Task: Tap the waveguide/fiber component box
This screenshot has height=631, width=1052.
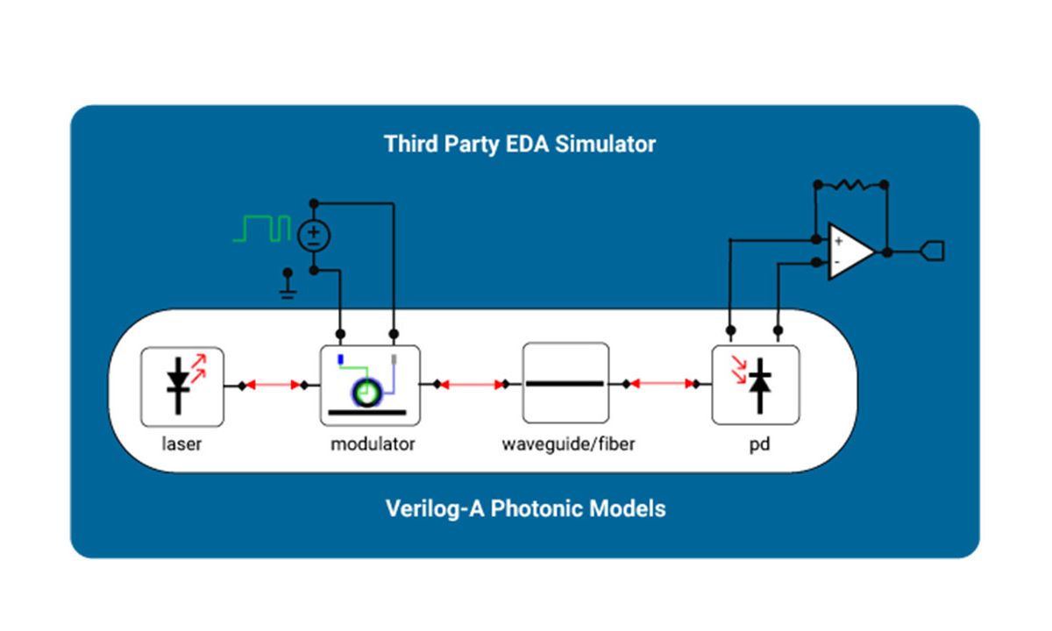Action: coord(565,383)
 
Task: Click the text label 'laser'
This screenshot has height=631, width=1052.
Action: coord(181,443)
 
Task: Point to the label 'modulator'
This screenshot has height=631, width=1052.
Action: coord(373,443)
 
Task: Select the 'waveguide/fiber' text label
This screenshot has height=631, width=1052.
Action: coord(568,443)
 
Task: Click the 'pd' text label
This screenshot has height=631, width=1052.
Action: coord(759,443)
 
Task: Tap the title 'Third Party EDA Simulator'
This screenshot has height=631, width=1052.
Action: coord(520,144)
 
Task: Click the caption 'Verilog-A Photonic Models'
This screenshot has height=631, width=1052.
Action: coord(525,508)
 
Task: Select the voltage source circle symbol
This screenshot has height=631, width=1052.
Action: coord(314,235)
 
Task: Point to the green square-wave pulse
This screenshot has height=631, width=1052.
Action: coord(262,229)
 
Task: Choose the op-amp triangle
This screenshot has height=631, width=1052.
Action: coord(849,251)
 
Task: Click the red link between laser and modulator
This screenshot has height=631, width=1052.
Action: coord(273,385)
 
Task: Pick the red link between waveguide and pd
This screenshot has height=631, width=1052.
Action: coord(662,384)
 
